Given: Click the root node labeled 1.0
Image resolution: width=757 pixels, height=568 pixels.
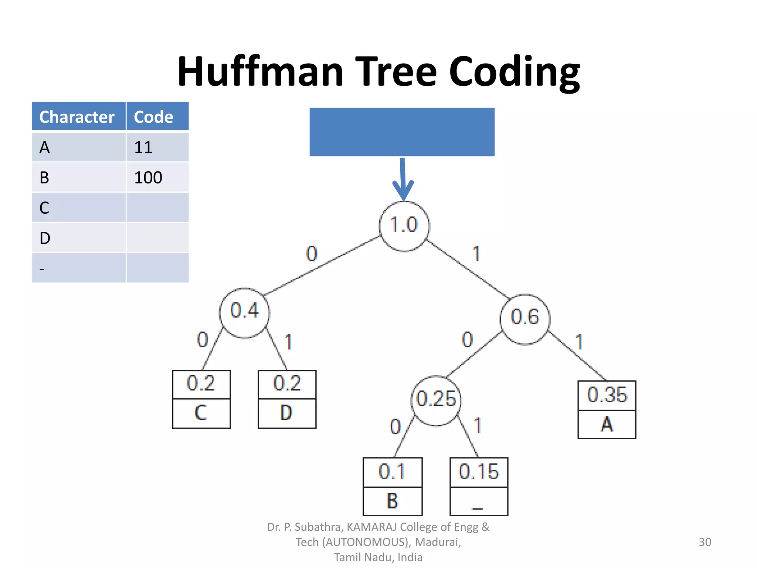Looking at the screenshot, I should point(404,226).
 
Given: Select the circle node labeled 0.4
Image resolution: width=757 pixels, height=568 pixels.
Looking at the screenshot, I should point(244,313).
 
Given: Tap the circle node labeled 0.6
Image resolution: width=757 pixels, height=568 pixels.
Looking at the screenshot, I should point(525,319).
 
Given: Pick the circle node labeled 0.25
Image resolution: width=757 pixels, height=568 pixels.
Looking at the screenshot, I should point(436,401).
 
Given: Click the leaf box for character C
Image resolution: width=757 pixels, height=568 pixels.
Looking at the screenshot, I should point(201,399).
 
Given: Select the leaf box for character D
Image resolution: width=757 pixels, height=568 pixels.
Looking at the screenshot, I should point(287,399).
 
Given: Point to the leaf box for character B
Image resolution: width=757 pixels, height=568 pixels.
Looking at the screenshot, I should point(393,486).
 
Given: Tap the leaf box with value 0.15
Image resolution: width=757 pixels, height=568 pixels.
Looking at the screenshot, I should point(479,486).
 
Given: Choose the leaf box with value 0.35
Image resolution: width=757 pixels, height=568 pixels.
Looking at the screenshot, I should point(607,410).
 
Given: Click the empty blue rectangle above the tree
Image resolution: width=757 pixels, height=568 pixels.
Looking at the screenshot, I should point(402,132).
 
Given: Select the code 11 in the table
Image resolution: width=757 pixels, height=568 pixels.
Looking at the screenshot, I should point(143,148).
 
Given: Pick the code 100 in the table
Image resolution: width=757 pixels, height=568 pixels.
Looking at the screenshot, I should point(148,178).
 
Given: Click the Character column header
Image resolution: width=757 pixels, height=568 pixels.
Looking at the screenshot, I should point(77,117).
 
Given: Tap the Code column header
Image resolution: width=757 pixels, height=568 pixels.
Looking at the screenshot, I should point(154,117).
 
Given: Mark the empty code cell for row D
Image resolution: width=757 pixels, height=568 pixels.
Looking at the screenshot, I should point(157,238).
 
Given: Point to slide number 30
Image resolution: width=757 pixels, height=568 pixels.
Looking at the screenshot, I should point(705,542).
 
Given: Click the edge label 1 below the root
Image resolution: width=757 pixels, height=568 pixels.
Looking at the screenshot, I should point(476,254).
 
